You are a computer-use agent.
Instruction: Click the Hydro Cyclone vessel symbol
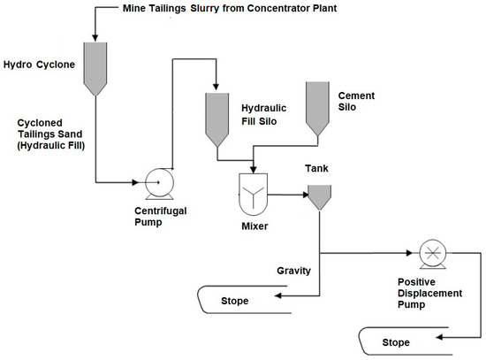[x=94, y=67]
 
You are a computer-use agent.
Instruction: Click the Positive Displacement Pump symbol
[x=430, y=251]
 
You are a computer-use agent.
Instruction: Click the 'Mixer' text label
[x=254, y=226]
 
